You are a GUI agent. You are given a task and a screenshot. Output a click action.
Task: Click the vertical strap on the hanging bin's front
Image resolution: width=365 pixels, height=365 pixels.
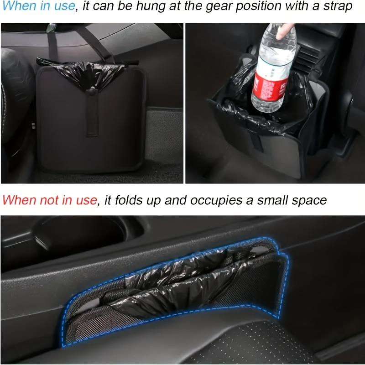tap(91, 114)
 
